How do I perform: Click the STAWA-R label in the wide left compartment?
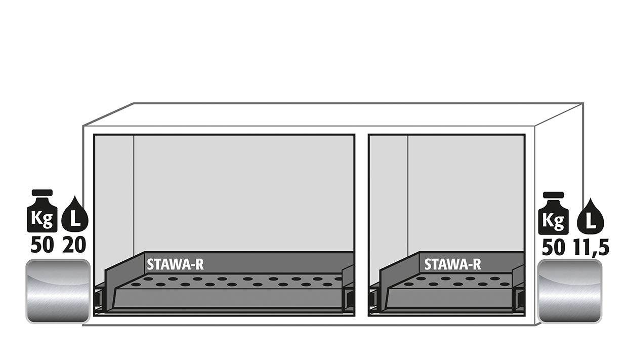point(175,264)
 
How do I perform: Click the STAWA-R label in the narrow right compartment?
point(452,264)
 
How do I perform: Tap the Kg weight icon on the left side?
point(42,211)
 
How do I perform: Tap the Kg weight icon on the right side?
point(553,213)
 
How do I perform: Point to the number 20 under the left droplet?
point(74,245)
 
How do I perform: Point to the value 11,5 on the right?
point(591,248)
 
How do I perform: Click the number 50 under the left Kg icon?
point(42,245)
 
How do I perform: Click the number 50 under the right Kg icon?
point(553,248)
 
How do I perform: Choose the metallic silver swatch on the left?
point(58,291)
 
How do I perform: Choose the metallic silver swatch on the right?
point(570,291)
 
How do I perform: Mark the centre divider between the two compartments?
point(361,225)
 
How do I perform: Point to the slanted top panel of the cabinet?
point(333,114)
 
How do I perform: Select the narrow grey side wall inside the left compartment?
point(114,208)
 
